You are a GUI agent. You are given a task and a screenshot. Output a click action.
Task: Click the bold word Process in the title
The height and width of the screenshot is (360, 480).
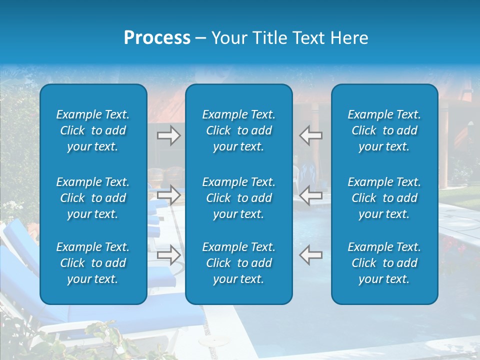[x=157, y=38]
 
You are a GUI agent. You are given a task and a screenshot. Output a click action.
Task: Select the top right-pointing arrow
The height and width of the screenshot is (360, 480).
[x=168, y=135]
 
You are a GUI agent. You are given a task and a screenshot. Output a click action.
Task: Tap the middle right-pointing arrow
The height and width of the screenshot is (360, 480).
[x=168, y=195]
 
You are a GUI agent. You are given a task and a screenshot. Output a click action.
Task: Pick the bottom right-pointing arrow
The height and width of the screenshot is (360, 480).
[x=168, y=255]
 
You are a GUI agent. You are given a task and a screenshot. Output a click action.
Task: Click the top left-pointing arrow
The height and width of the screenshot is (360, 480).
[x=311, y=135]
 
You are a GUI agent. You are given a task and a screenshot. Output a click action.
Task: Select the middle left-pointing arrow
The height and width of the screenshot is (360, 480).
[x=311, y=195]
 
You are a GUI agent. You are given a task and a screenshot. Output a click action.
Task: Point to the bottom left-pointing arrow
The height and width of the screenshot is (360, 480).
[x=311, y=255]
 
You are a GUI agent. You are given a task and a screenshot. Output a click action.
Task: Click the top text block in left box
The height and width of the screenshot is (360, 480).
[x=93, y=130]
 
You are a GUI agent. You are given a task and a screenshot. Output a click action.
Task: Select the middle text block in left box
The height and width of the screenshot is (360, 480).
[x=93, y=198]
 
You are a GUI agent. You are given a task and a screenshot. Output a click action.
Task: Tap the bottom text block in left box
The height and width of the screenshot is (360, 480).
[x=93, y=263]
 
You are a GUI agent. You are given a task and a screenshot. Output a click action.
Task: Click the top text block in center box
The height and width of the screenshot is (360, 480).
[x=238, y=130]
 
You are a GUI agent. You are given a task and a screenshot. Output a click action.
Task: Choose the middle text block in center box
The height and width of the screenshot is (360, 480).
[x=238, y=198]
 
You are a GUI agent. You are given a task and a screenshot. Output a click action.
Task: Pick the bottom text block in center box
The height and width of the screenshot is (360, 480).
[x=238, y=263]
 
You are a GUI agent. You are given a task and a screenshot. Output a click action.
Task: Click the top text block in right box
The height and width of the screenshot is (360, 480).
[x=384, y=130]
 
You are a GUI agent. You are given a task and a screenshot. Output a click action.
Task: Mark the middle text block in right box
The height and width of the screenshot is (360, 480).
[x=384, y=198]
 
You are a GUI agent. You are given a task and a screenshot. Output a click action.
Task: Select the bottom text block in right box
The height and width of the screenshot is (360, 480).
[x=384, y=263]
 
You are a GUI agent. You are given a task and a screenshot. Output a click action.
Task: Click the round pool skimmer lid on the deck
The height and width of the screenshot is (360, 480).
[x=210, y=341]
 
